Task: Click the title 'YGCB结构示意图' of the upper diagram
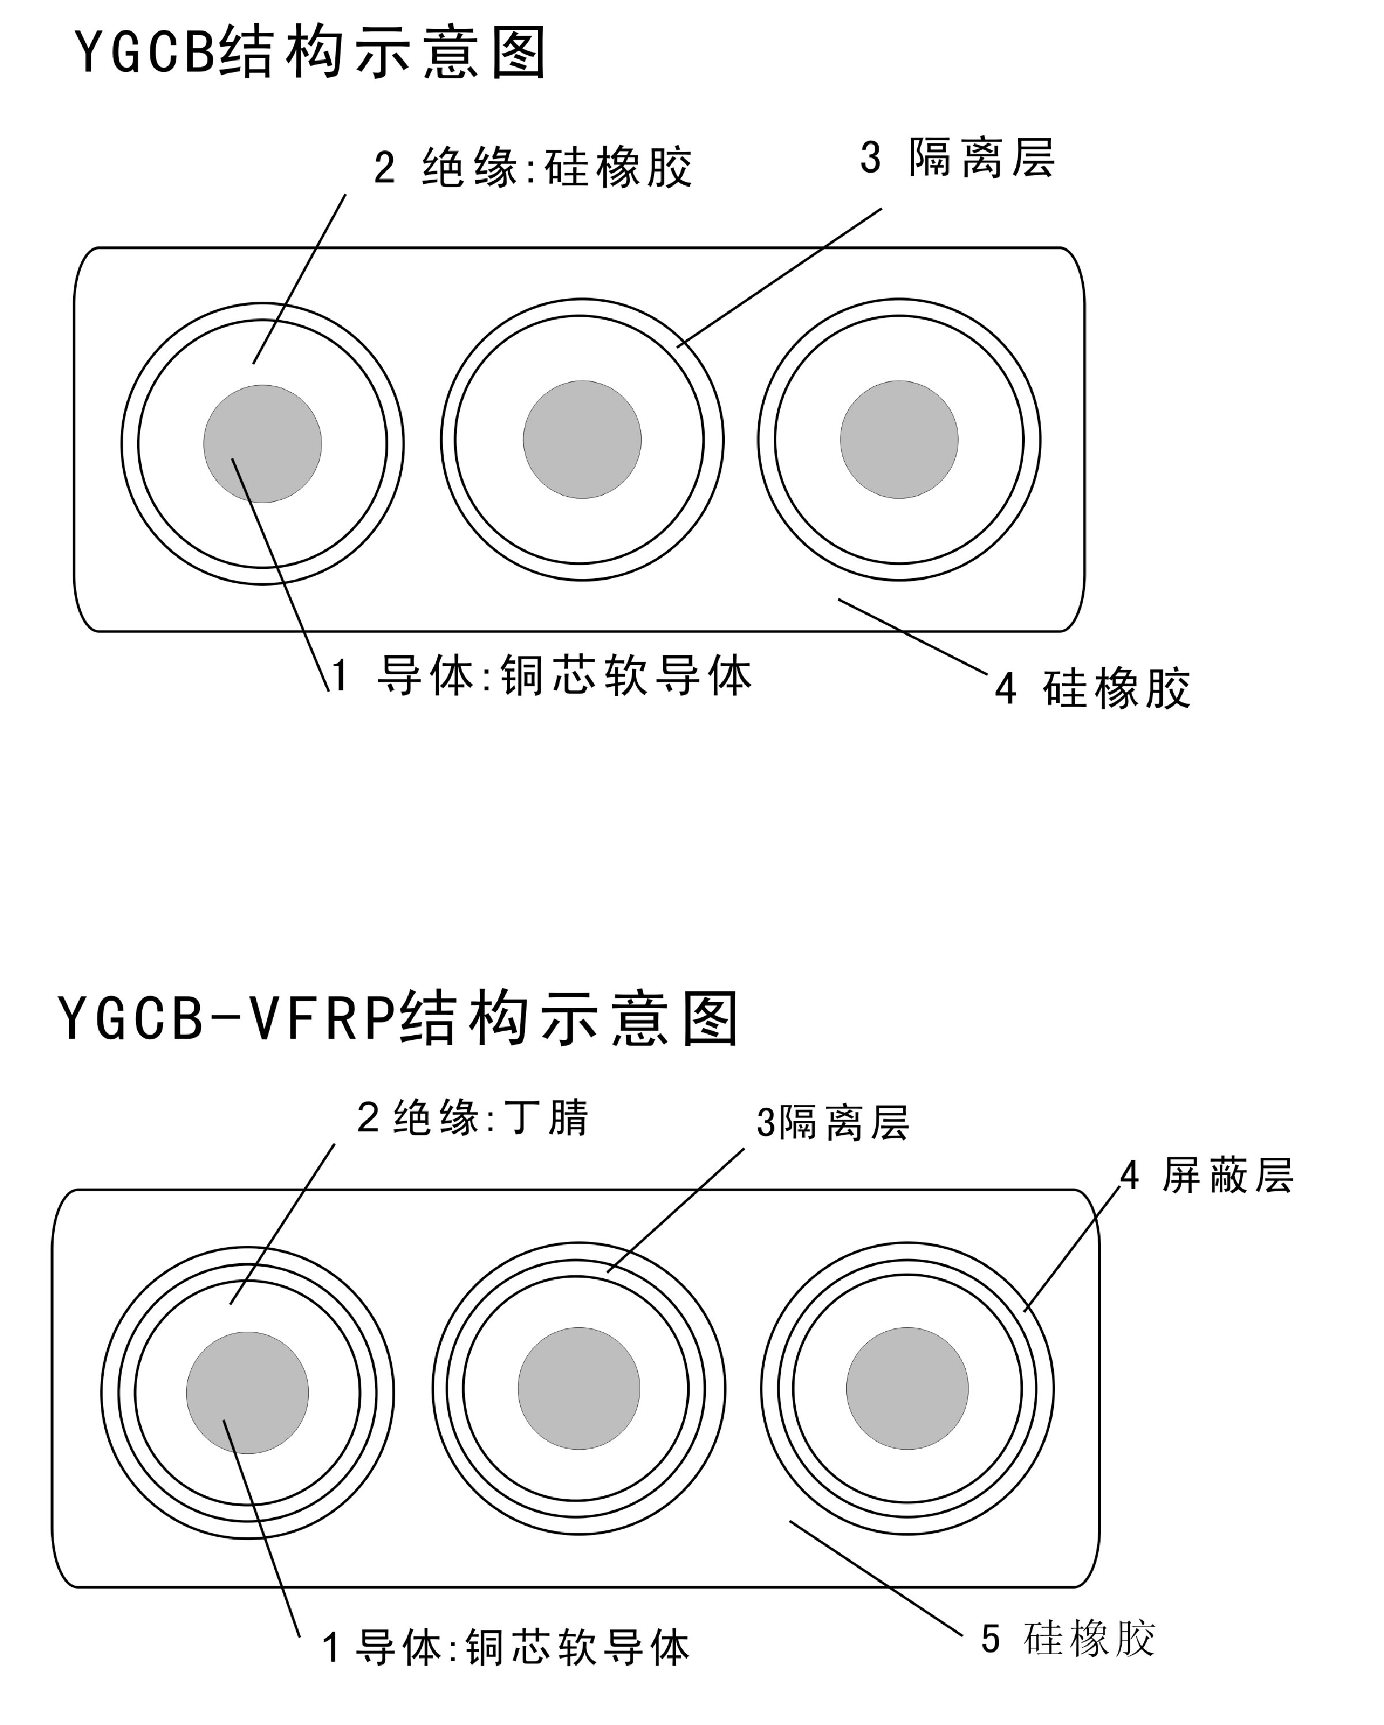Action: [x=311, y=53]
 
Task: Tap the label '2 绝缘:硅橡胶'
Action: [x=533, y=168]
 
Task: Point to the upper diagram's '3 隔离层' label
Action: [x=958, y=158]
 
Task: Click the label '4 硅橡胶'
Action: [x=1092, y=688]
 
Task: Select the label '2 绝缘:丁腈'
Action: [x=472, y=1118]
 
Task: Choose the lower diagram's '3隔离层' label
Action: [x=833, y=1123]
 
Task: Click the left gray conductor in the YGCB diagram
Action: [x=263, y=444]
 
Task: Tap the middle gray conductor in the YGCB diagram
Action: [x=582, y=439]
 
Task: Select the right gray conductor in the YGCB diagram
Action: [x=899, y=439]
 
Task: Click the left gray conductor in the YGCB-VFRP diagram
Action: [x=247, y=1393]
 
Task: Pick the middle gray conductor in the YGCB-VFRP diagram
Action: [x=578, y=1388]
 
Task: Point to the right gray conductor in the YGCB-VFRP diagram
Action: [x=907, y=1388]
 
